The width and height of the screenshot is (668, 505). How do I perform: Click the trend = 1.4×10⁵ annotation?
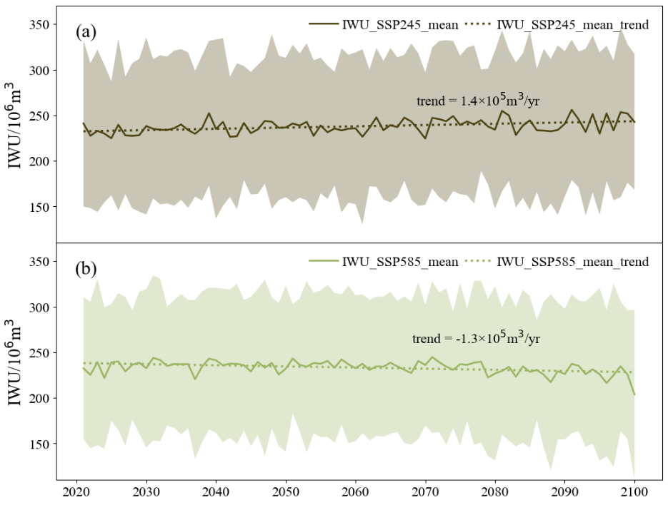[x=477, y=101]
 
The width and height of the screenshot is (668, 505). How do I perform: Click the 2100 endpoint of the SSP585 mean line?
[x=634, y=394]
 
